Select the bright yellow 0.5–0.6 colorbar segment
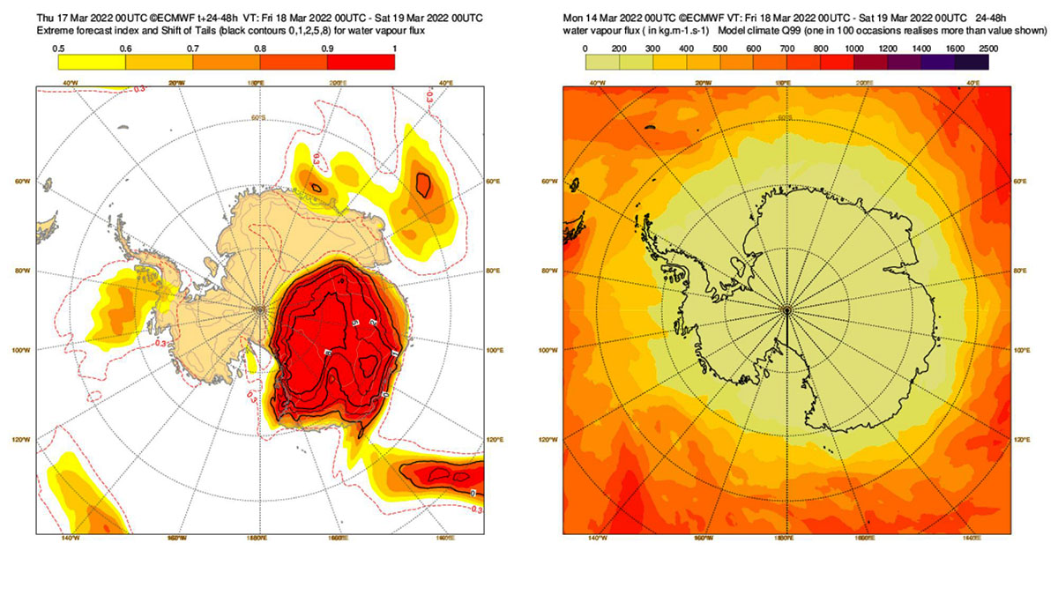(x=91, y=62)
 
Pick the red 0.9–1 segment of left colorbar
(x=361, y=62)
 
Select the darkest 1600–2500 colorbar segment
(x=972, y=62)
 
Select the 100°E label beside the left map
(x=495, y=351)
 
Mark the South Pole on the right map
(x=786, y=309)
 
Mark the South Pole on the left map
(x=259, y=309)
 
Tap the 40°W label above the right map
(x=596, y=83)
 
